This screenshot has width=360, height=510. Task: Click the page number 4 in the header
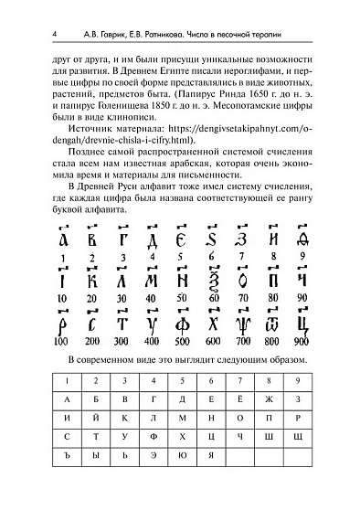[57, 34]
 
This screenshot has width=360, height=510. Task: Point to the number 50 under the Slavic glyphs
[183, 299]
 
